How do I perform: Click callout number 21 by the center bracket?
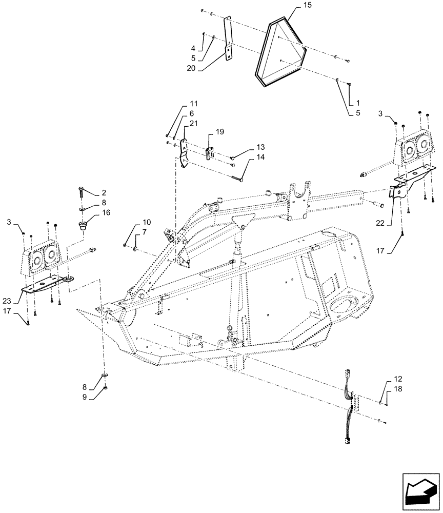coord(193,124)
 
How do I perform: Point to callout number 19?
coord(219,132)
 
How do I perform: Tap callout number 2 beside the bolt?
coord(104,192)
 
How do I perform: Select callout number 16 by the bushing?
coord(106,212)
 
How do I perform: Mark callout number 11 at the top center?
coord(193,104)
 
